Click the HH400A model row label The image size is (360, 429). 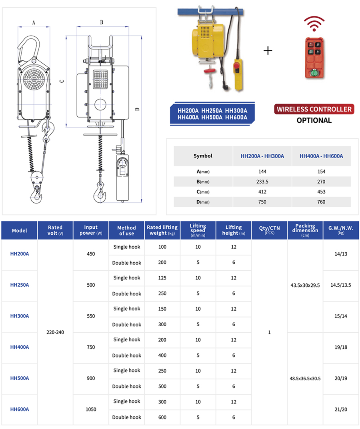coord(20,347)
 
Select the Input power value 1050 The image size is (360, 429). coord(91,409)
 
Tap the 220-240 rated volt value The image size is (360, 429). coord(55,332)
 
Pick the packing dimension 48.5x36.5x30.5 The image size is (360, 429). coord(305,378)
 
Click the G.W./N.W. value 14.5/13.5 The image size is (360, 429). coord(340,285)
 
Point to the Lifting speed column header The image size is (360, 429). coord(198,230)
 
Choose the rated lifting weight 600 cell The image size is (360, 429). coord(162,417)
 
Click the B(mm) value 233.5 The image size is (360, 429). coord(262,182)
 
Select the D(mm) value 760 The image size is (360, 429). coord(321,202)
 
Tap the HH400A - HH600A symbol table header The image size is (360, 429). coord(321,156)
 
